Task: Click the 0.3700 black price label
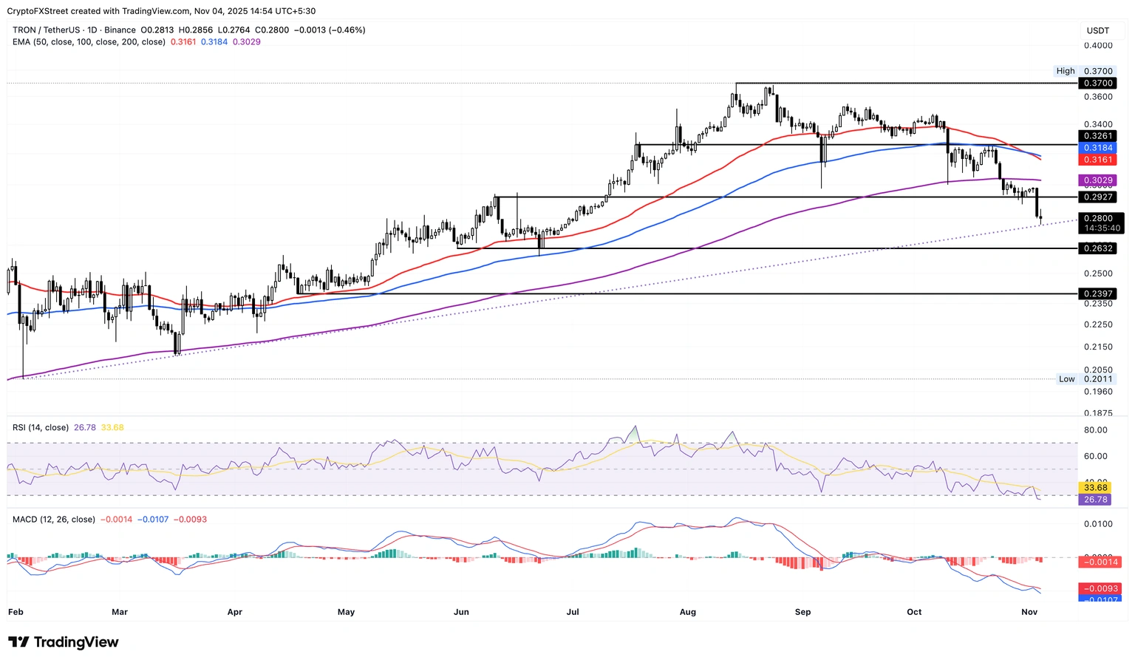[x=1097, y=84]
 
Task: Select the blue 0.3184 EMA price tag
[x=1097, y=148]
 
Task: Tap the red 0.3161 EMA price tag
[x=1097, y=160]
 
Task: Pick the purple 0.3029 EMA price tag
[x=1097, y=180]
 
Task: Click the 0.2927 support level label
[x=1097, y=197]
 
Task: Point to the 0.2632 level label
[x=1097, y=248]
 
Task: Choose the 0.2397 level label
[x=1097, y=294]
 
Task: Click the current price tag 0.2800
[x=1097, y=218]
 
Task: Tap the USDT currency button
[x=1097, y=30]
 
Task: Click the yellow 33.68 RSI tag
[x=1095, y=488]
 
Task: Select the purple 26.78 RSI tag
[x=1095, y=500]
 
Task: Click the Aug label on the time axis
[x=687, y=612]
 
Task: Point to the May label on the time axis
[x=346, y=612]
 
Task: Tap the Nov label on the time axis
[x=1029, y=612]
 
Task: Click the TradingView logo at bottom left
[x=64, y=642]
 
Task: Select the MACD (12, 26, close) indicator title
[x=54, y=520]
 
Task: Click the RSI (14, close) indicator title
[x=41, y=428]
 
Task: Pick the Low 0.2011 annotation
[x=1085, y=379]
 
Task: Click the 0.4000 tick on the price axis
[x=1097, y=46]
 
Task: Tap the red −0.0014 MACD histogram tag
[x=1100, y=562]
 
